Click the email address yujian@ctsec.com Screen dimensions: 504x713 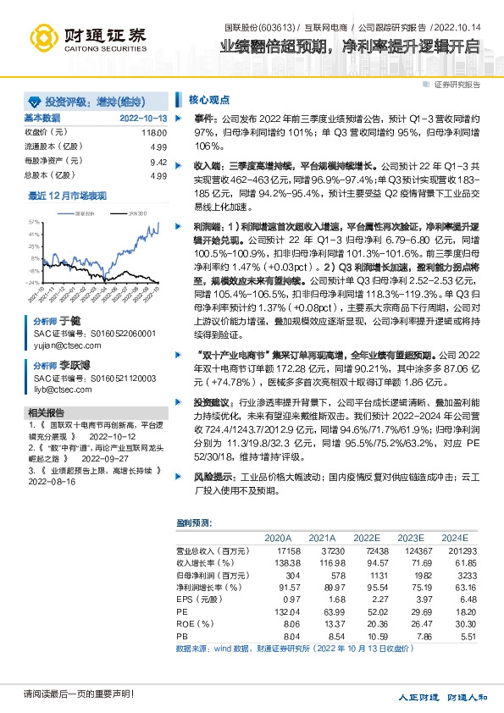click(69, 345)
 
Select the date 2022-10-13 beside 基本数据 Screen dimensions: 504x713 click(144, 119)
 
